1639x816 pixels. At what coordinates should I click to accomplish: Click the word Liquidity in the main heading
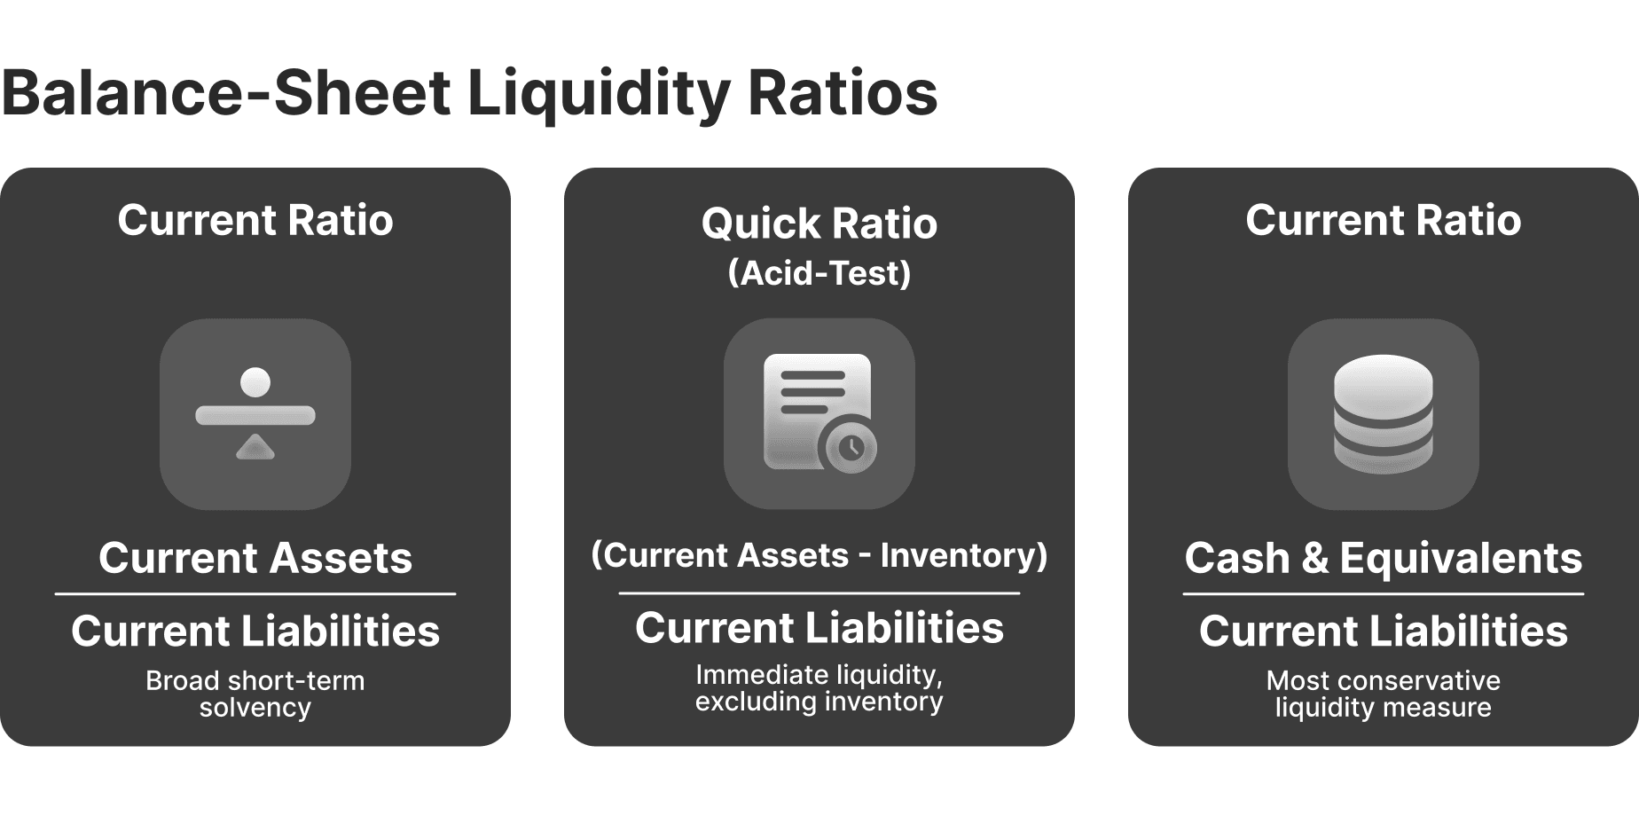599,94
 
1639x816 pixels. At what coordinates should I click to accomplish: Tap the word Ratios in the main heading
843,94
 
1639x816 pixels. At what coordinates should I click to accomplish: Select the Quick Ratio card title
819,224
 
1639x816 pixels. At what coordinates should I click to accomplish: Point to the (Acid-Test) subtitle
819,273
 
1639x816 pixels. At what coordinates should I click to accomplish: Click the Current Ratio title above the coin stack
1383,220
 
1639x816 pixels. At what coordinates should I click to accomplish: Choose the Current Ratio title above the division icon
255,220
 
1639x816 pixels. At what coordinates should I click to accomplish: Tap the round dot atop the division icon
255,382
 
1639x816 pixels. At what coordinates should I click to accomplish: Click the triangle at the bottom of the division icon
255,447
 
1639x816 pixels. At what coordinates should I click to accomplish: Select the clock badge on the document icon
851,447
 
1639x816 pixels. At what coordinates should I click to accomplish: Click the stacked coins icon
1383,413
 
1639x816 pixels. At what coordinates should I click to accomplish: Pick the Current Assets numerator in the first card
255,558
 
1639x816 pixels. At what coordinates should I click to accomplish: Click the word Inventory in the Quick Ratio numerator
963,555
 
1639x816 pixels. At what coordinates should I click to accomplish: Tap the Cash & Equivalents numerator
1383,558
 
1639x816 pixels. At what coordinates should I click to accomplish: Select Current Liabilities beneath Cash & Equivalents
1383,631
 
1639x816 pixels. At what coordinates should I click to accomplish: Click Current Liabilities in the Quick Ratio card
819,628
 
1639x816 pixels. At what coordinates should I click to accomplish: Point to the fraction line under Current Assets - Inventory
819,593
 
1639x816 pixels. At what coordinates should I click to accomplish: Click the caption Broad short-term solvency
255,694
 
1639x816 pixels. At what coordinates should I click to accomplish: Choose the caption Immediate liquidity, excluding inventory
819,688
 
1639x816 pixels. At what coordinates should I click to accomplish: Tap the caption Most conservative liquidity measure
1383,694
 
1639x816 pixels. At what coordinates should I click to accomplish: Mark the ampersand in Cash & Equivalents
1314,559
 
